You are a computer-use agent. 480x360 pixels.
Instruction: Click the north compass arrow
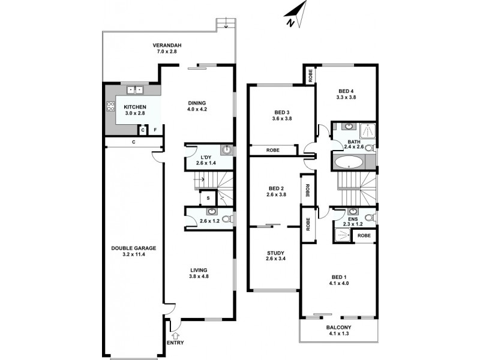point(296,16)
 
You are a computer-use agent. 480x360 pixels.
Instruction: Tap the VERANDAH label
point(167,45)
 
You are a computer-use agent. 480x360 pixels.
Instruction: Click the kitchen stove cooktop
point(110,107)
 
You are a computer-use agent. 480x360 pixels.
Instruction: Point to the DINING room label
point(197,102)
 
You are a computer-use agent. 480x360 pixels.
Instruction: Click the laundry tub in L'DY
point(227,150)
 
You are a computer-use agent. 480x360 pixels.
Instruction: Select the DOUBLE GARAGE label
point(134,248)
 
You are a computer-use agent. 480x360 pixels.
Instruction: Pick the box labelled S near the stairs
point(208,197)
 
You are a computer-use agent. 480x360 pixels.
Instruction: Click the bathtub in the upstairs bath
point(347,162)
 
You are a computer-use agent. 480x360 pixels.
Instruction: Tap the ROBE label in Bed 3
point(273,151)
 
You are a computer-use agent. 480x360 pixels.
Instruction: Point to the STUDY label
point(275,253)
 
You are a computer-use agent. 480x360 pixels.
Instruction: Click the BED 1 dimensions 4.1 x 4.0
point(339,284)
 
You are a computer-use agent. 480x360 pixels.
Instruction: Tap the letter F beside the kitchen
point(155,130)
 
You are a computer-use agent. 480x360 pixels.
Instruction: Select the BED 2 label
point(275,187)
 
